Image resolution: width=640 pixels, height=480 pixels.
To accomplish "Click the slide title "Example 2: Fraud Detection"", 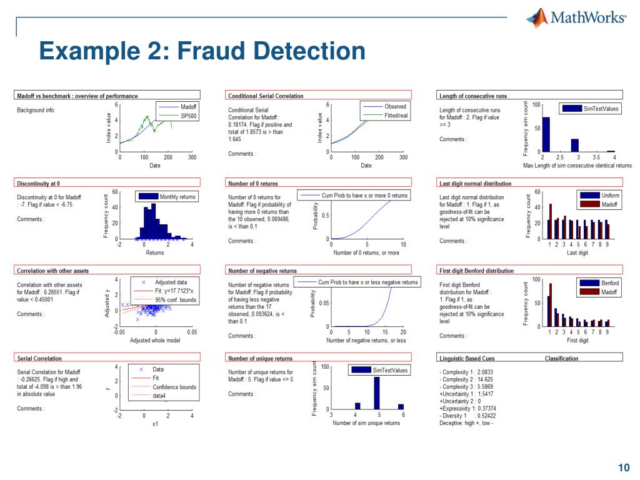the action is pos(202,51).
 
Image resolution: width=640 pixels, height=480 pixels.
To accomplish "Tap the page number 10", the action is pos(623,468).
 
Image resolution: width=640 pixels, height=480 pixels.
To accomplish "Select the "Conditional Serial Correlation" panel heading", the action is pos(266,96).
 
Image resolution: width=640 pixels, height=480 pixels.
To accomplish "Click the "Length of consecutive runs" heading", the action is pos(473,96).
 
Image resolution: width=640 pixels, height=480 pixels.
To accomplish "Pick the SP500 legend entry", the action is pos(188,116).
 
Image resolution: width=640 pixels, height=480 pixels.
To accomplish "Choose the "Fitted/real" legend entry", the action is pos(396,116).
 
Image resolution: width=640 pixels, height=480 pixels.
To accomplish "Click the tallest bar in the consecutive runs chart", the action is pos(546,134).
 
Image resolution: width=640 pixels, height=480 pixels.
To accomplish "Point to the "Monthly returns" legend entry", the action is pos(177,197).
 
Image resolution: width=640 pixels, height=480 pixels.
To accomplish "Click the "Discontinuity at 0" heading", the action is pos(38,183).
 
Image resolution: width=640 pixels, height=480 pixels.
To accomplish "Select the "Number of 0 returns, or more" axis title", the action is pos(366,252).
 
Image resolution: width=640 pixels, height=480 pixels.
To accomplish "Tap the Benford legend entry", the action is pos(609,283).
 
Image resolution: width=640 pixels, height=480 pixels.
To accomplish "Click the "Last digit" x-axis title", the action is pos(577,252).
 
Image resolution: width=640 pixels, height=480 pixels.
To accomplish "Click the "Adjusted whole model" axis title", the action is pos(154,341).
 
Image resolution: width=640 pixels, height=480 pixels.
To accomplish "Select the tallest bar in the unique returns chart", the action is pos(376,392).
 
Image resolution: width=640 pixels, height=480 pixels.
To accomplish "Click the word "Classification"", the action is pos(561,358).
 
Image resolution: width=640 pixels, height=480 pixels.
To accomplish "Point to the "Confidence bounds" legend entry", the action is pos(174,387).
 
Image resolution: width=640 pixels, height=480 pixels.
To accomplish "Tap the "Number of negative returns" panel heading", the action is pos(262,271).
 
